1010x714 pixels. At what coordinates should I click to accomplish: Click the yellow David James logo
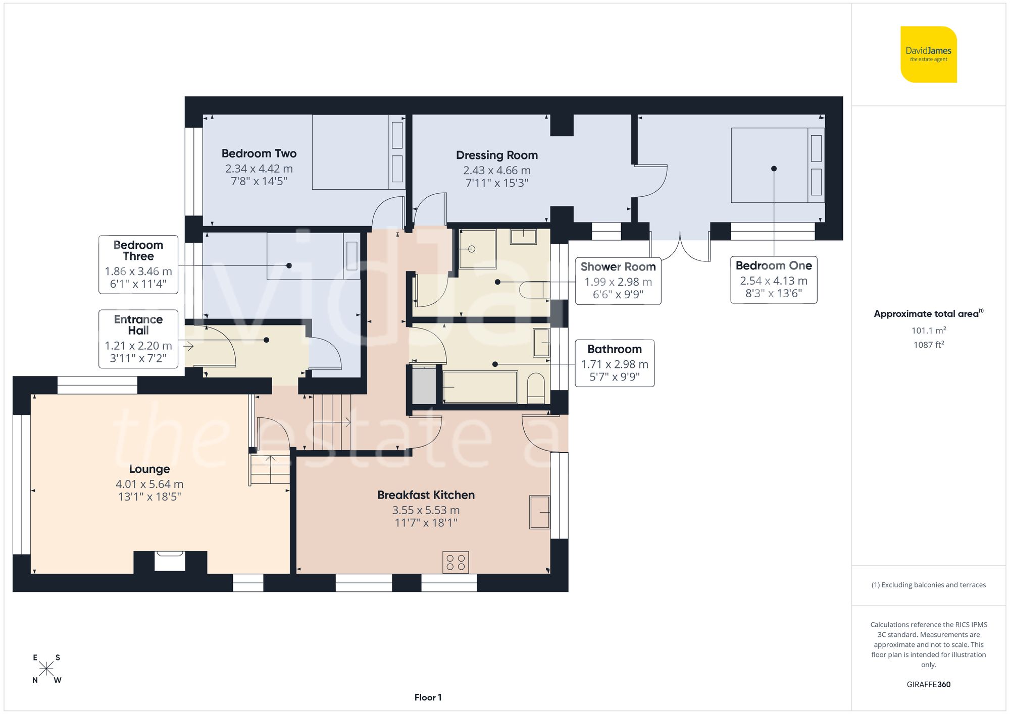point(928,54)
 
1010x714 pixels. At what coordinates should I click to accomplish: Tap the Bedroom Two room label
point(259,153)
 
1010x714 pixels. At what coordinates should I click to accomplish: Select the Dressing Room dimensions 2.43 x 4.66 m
point(496,171)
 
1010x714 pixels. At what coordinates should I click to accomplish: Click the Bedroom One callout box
point(773,279)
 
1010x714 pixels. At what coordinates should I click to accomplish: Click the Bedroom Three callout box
point(138,264)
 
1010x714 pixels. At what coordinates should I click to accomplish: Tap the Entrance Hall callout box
point(138,339)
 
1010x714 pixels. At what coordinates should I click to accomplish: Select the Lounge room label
point(149,469)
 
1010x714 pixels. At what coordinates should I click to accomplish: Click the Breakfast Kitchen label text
point(426,495)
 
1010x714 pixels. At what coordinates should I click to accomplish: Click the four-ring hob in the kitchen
point(456,562)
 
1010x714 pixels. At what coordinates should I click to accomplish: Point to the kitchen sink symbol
point(539,512)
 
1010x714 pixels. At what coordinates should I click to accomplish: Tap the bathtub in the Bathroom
point(480,387)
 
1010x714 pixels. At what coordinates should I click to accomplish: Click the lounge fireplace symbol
point(170,561)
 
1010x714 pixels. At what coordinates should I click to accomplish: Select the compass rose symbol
point(46,669)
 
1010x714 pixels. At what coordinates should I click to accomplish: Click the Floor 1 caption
point(428,697)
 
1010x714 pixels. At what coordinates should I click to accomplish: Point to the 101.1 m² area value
point(928,331)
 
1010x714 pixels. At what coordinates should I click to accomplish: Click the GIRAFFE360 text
point(928,684)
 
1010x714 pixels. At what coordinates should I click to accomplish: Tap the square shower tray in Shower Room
point(477,249)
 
